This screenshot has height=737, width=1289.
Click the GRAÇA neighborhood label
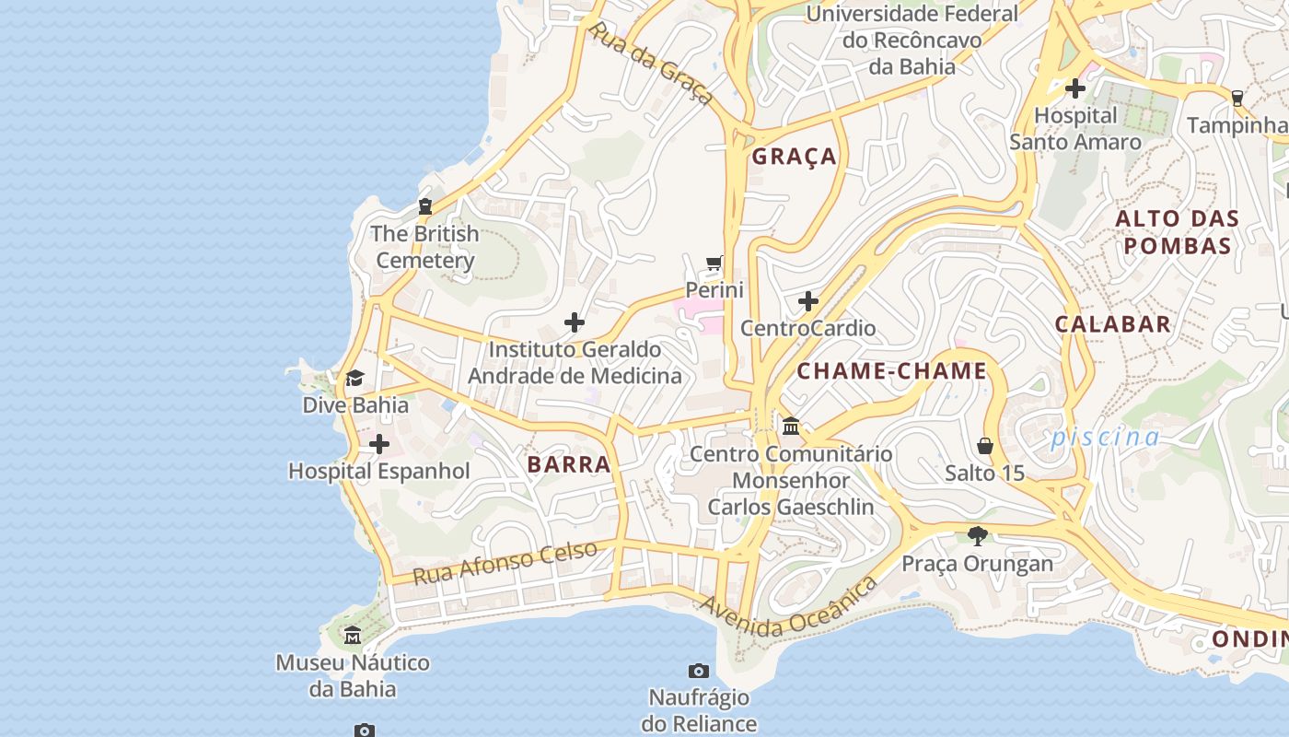[794, 157]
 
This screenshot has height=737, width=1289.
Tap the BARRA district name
[569, 464]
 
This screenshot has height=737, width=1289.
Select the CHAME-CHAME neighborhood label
[891, 371]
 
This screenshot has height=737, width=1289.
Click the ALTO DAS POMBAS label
[1177, 232]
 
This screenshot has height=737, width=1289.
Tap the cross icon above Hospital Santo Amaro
[1074, 88]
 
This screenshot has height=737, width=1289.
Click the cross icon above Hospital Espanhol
[378, 445]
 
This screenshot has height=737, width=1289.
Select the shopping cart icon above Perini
[714, 263]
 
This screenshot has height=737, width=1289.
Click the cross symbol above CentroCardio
[808, 301]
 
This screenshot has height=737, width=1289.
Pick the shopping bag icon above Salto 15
[984, 447]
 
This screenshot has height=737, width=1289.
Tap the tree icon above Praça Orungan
[977, 536]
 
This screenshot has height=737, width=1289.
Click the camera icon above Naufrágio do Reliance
[699, 671]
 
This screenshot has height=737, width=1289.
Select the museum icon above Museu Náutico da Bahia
[353, 636]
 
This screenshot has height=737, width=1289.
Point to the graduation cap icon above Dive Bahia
[354, 378]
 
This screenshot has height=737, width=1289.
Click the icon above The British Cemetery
[425, 206]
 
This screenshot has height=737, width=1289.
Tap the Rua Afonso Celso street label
[505, 563]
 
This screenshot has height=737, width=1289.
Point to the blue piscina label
[1105, 437]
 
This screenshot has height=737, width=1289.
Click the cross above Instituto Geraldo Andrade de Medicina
[574, 322]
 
